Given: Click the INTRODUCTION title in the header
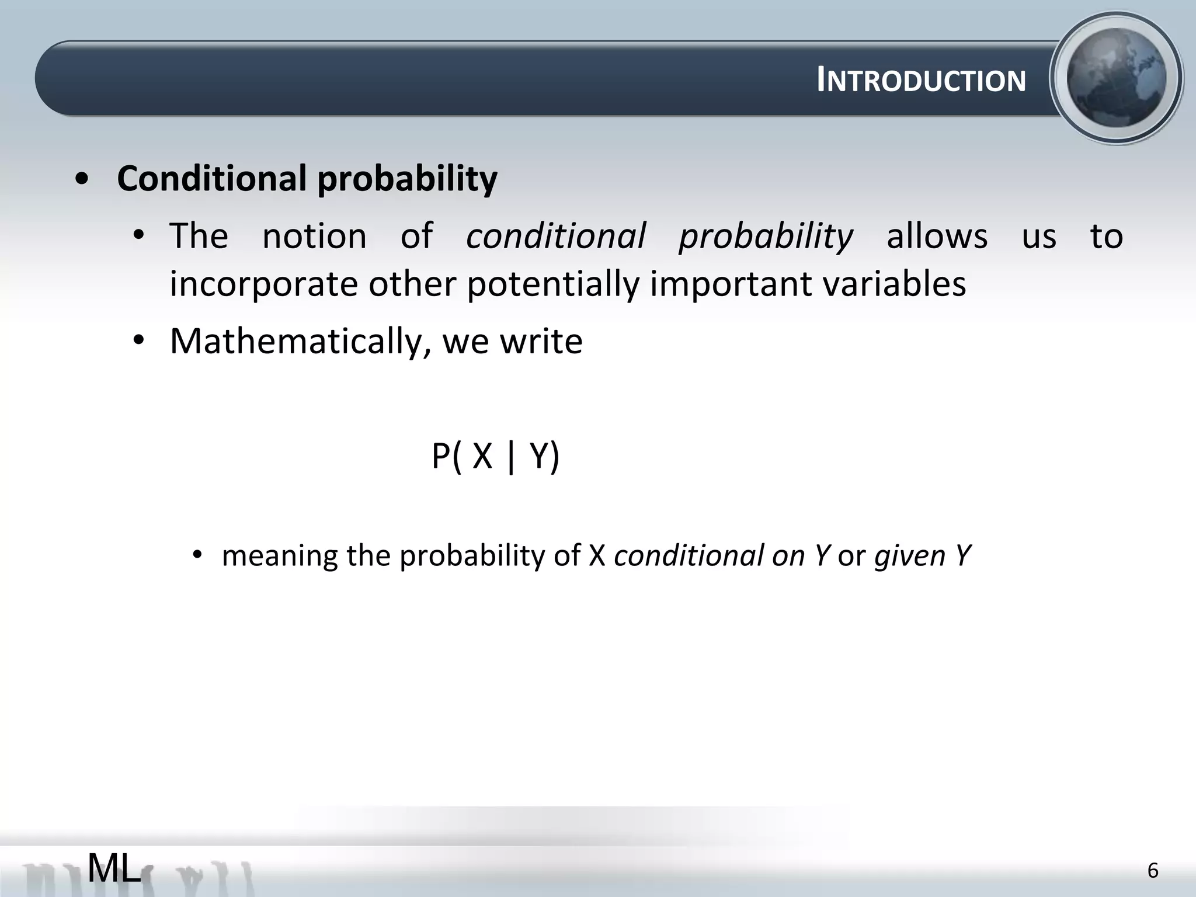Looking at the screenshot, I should pyautogui.click(x=921, y=81).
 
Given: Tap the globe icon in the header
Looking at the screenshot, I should pyautogui.click(x=1116, y=78).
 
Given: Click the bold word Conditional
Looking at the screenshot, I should pyautogui.click(x=211, y=178).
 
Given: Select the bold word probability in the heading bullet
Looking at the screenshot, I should pyautogui.click(x=407, y=179).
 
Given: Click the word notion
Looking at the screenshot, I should pyautogui.click(x=314, y=237).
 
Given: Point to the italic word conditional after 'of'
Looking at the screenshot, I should pyautogui.click(x=556, y=237).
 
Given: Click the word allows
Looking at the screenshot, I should pyautogui.click(x=937, y=237).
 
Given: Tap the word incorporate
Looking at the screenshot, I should pyautogui.click(x=263, y=284).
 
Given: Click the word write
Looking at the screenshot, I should pyautogui.click(x=541, y=341).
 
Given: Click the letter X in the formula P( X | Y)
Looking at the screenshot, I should pyautogui.click(x=482, y=456).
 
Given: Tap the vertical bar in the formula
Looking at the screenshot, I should pyautogui.click(x=512, y=457).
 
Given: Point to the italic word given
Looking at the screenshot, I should pyautogui.click(x=909, y=556).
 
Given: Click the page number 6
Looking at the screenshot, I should pyautogui.click(x=1152, y=871).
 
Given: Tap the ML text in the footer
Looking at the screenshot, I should pyautogui.click(x=114, y=868).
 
